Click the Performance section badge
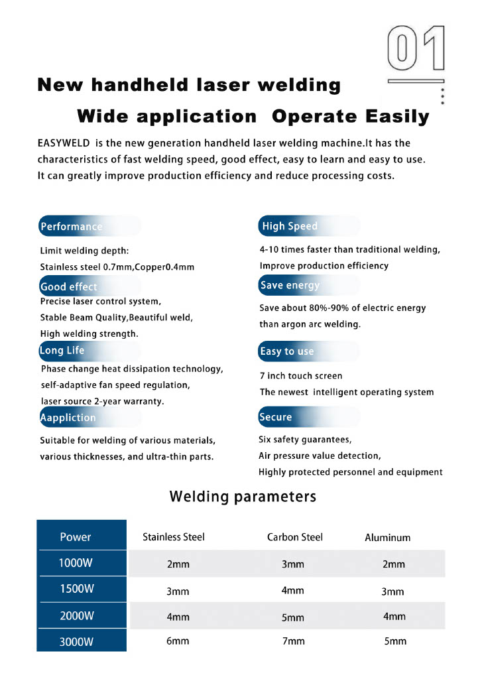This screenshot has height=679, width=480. pyautogui.click(x=72, y=227)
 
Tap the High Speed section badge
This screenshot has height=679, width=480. pyautogui.click(x=290, y=226)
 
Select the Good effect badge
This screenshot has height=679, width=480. pyautogui.click(x=69, y=286)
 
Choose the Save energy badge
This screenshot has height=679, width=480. pyautogui.click(x=290, y=285)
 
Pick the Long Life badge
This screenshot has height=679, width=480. pyautogui.click(x=63, y=350)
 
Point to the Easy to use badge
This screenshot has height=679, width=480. pyautogui.click(x=287, y=351)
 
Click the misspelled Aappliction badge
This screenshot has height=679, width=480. pyautogui.click(x=68, y=418)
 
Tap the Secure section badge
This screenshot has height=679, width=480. pyautogui.click(x=276, y=417)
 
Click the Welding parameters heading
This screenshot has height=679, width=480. pyautogui.click(x=243, y=497)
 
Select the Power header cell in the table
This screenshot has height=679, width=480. pyautogui.click(x=76, y=537)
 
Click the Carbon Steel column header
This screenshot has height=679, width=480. pyautogui.click(x=295, y=537)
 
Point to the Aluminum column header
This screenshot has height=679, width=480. pyautogui.click(x=388, y=538)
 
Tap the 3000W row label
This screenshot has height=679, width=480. pyautogui.click(x=76, y=641)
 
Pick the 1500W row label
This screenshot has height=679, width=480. pyautogui.click(x=76, y=589)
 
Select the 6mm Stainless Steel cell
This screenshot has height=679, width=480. pyautogui.click(x=178, y=641)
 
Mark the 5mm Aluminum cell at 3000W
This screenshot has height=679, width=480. pyautogui.click(x=395, y=641)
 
